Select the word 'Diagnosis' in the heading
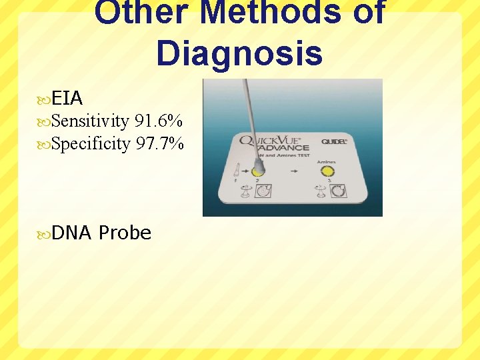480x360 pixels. tap(239, 53)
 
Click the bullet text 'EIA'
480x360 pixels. tap(67, 99)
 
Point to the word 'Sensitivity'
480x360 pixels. tap(90, 121)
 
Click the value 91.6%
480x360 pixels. tap(159, 121)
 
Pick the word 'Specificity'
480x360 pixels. tap(90, 143)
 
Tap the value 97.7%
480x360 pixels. tap(159, 143)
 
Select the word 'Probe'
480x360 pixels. tap(125, 233)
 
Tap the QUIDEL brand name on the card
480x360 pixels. tap(334, 141)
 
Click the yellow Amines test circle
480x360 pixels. tap(327, 171)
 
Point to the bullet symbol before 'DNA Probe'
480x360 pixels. tap(45, 233)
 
